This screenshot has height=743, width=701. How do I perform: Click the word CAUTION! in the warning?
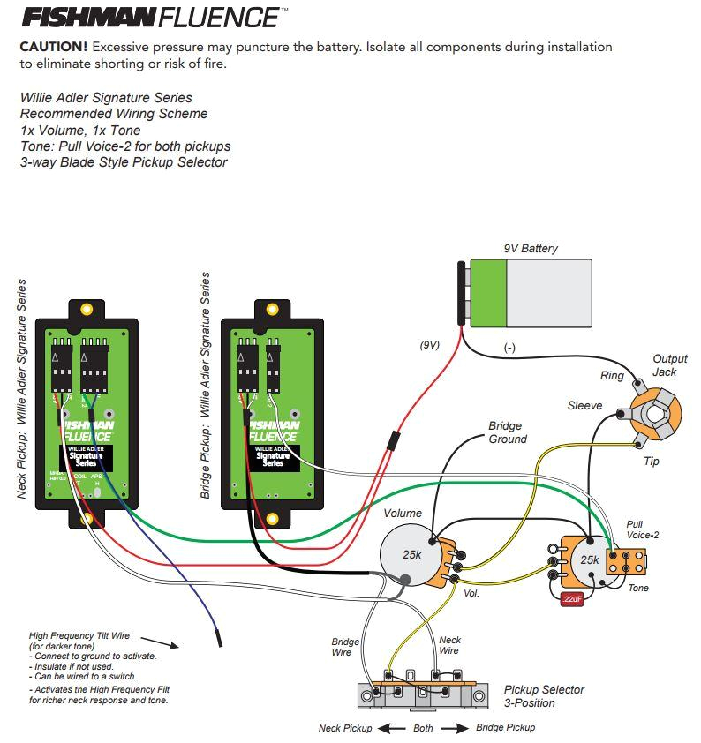pos(53,47)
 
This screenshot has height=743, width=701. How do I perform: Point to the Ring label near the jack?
pos(612,376)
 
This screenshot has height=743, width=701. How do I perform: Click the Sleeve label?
pos(584,406)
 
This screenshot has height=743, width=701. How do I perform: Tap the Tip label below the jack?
pos(651,462)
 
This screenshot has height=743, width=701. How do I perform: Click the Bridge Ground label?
pos(508,432)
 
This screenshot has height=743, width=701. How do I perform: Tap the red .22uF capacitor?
pos(571,599)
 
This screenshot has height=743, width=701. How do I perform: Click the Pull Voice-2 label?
pos(642,529)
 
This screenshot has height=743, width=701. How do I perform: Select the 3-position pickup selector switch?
pos(425,692)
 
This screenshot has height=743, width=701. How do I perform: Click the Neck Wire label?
pos(448,645)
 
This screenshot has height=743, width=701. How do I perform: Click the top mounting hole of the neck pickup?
pos(87,310)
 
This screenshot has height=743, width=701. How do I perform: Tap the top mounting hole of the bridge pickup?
pos(272,310)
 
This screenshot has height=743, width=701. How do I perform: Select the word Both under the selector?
pos(424,728)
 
